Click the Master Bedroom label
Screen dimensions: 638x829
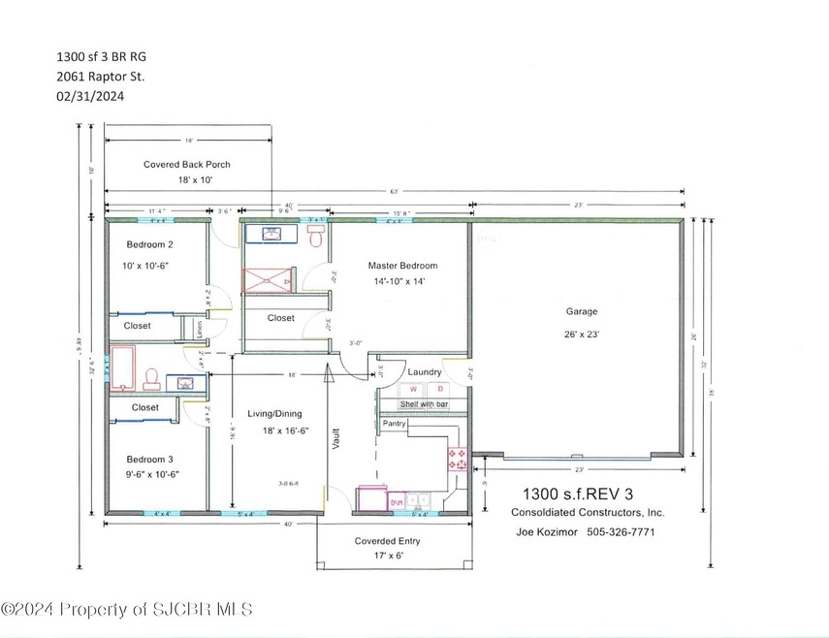pos(402,265)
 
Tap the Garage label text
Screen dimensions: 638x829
pos(582,311)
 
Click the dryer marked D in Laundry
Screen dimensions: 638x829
pos(439,388)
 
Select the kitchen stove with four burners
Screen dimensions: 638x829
pos(456,458)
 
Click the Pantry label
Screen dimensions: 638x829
pos(394,423)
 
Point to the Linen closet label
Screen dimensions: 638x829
pos(197,328)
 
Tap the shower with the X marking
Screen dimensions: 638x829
pos(267,279)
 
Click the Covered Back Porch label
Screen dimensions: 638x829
pos(187,164)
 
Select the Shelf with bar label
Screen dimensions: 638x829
pos(424,403)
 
